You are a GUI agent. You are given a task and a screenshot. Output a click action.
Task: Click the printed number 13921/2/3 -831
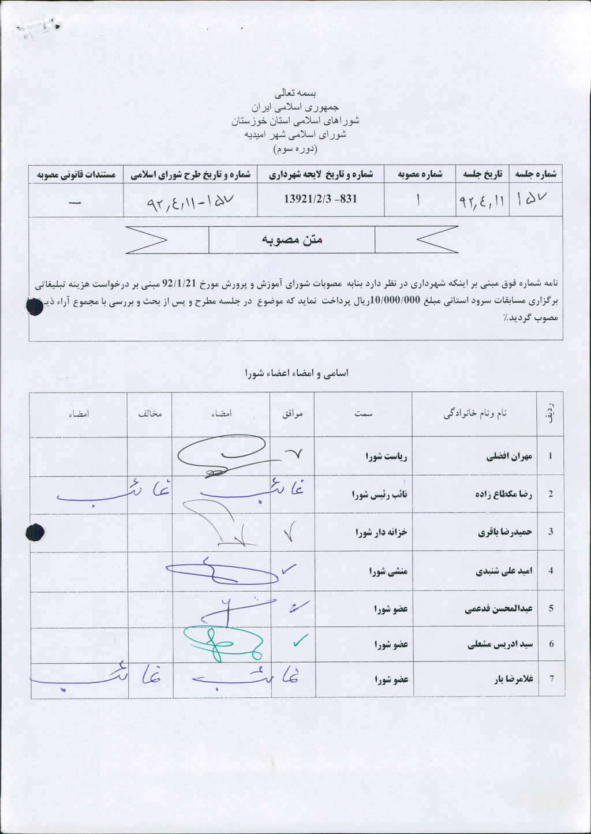pos(320,199)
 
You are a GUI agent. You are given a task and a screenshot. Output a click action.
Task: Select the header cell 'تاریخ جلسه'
pos(482,174)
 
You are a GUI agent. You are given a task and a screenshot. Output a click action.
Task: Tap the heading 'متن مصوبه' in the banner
pos(292,240)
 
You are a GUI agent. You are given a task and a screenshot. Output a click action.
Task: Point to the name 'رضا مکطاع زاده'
pos(503,495)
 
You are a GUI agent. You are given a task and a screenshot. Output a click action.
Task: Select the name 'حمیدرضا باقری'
pos(504,532)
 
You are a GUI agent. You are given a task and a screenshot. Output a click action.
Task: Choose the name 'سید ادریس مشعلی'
pos(500,645)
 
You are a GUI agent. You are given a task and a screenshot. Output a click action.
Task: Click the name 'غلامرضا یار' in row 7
pos(513,679)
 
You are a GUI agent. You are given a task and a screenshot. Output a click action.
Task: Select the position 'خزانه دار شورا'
pos(381,532)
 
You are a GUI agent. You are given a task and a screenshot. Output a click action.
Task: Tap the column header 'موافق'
pos(292,414)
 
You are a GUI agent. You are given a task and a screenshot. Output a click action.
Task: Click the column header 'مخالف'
pos(149,414)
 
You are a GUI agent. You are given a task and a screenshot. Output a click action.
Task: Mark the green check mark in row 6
pos(300,640)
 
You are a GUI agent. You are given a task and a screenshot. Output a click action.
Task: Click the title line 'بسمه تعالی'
pos(295,92)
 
